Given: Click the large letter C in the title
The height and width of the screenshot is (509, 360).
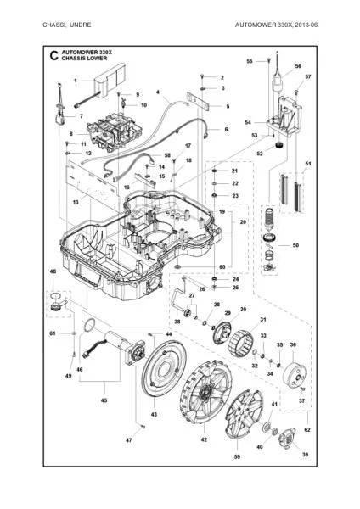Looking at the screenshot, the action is click(x=54, y=55).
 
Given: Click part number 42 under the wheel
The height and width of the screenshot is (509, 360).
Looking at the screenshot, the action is click(x=204, y=439).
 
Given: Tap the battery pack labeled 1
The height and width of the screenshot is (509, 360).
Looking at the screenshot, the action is click(x=110, y=79).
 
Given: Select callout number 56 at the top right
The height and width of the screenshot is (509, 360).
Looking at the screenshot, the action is click(x=298, y=66).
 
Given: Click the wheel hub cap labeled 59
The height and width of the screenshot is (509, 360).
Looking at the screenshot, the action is click(x=245, y=414).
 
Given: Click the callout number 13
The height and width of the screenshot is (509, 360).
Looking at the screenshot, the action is click(x=76, y=202).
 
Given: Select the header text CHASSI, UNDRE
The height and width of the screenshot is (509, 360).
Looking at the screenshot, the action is click(x=66, y=25).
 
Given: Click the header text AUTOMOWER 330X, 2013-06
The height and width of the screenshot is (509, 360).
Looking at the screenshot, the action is click(x=276, y=25).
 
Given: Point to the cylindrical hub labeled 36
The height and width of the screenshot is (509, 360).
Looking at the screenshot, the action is click(x=295, y=375).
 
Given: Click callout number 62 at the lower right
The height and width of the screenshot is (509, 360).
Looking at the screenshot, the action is click(x=307, y=429).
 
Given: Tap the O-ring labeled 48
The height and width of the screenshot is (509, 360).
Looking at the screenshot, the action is click(x=56, y=296).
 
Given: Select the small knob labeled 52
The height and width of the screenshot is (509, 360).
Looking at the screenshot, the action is click(x=279, y=145).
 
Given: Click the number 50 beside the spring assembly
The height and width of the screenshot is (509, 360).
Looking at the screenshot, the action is click(x=295, y=245).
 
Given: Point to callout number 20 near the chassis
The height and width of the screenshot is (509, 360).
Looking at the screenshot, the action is click(x=243, y=222).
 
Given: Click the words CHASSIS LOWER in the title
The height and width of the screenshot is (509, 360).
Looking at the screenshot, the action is click(x=84, y=59).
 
